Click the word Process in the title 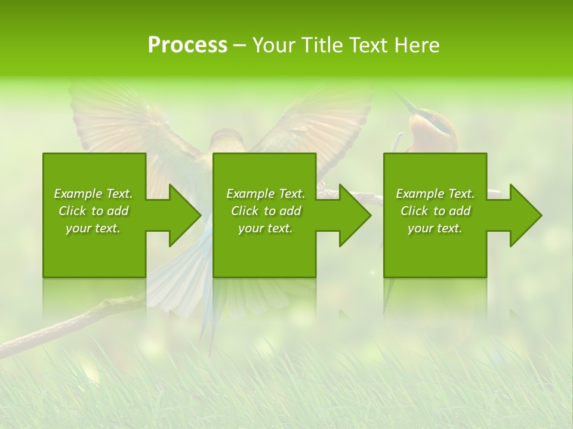pyautogui.click(x=187, y=45)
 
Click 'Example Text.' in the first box pyautogui.click(x=93, y=194)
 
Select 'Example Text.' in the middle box pyautogui.click(x=266, y=194)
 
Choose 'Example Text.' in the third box pyautogui.click(x=435, y=194)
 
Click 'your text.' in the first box pyautogui.click(x=93, y=228)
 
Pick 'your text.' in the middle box pyautogui.click(x=266, y=228)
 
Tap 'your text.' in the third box pyautogui.click(x=435, y=228)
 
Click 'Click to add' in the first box pyautogui.click(x=93, y=211)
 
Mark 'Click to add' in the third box pyautogui.click(x=435, y=211)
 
